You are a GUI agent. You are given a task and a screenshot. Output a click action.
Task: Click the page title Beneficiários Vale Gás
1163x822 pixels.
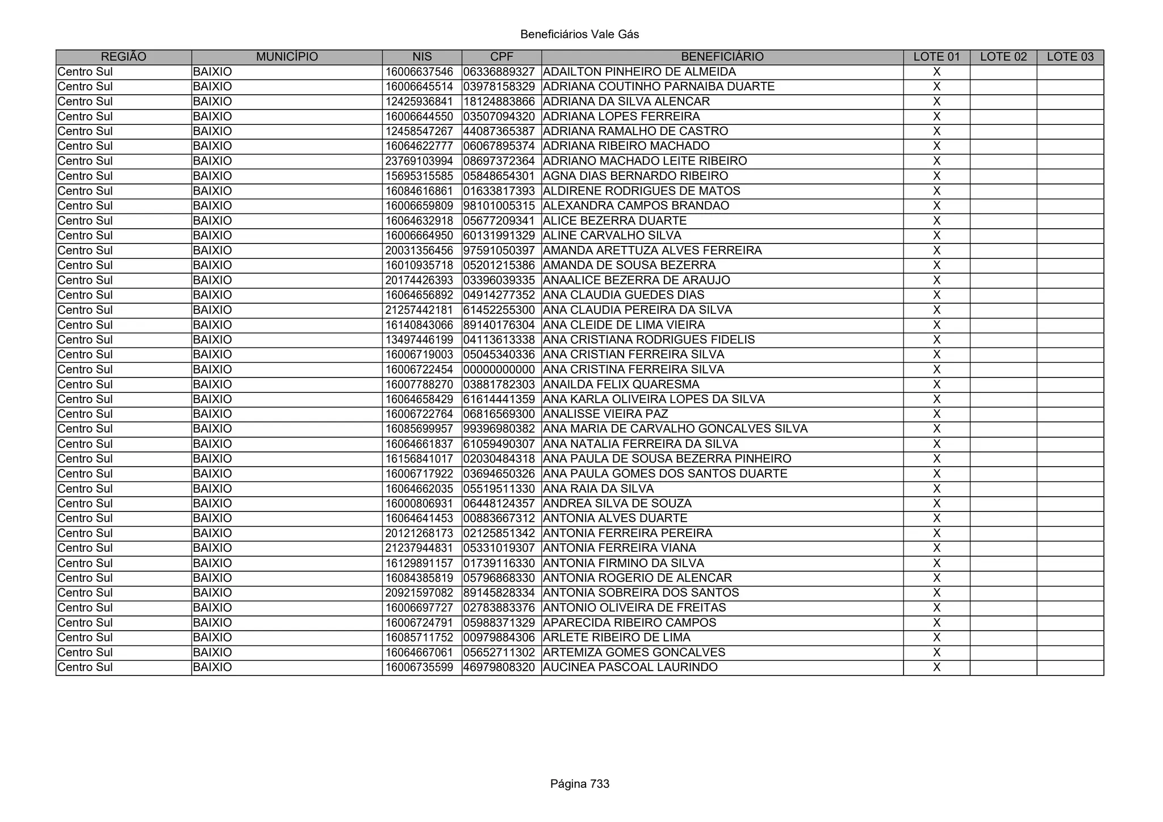point(579,35)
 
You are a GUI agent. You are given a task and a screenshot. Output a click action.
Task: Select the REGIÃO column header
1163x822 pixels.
point(123,57)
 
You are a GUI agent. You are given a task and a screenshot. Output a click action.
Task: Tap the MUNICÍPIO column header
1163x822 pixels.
point(287,57)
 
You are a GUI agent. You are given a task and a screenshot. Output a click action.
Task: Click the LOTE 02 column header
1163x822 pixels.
point(1003,57)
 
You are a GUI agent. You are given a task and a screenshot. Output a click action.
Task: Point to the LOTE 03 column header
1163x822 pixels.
point(1070,57)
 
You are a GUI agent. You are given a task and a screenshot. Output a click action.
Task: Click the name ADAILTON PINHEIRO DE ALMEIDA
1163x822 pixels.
point(639,72)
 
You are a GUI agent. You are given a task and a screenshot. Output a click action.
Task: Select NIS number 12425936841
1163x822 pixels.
point(419,102)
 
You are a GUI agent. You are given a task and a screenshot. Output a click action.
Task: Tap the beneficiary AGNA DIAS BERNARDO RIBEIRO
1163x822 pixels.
point(635,176)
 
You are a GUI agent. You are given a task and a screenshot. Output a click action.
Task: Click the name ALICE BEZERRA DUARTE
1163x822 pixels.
point(615,221)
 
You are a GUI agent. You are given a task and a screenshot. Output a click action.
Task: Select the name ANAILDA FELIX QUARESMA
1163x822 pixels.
point(621,384)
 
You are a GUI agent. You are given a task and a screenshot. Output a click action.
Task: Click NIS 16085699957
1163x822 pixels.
point(419,429)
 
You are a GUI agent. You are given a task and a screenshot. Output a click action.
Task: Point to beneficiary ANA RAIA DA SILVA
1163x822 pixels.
point(599,489)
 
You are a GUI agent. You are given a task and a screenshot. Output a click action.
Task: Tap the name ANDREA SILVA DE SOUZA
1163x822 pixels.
point(617,504)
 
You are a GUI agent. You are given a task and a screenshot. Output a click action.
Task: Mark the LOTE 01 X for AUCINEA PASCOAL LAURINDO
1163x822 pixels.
point(936,667)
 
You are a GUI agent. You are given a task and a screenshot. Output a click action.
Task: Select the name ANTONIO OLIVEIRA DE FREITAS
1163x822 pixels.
point(634,607)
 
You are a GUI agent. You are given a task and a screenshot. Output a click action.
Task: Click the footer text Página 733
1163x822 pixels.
point(579,784)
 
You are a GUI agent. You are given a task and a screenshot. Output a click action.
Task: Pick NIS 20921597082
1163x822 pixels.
point(419,593)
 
